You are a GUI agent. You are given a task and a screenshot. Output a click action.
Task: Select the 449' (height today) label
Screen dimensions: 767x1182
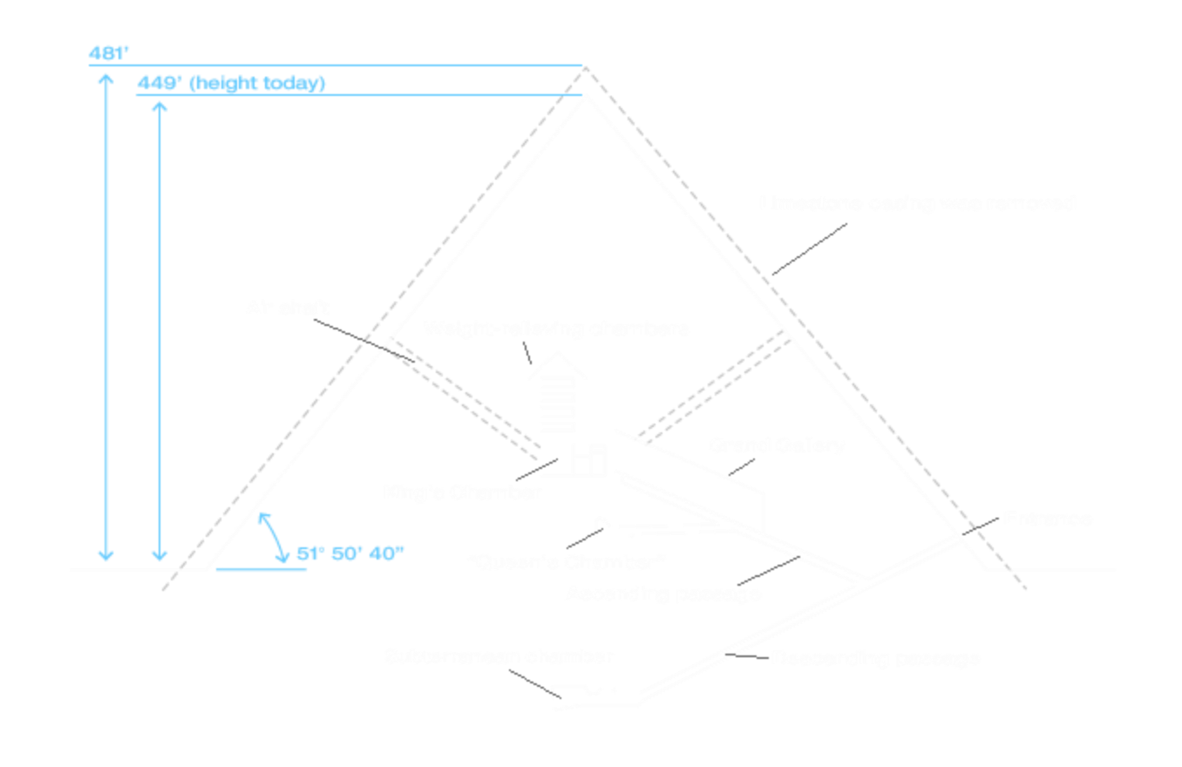point(231,84)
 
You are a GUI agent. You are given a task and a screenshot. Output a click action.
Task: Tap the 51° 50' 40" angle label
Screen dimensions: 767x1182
point(350,553)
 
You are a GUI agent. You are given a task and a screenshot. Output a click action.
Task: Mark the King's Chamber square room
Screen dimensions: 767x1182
point(557,458)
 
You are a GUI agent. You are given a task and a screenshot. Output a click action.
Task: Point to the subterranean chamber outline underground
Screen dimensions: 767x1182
point(558,699)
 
